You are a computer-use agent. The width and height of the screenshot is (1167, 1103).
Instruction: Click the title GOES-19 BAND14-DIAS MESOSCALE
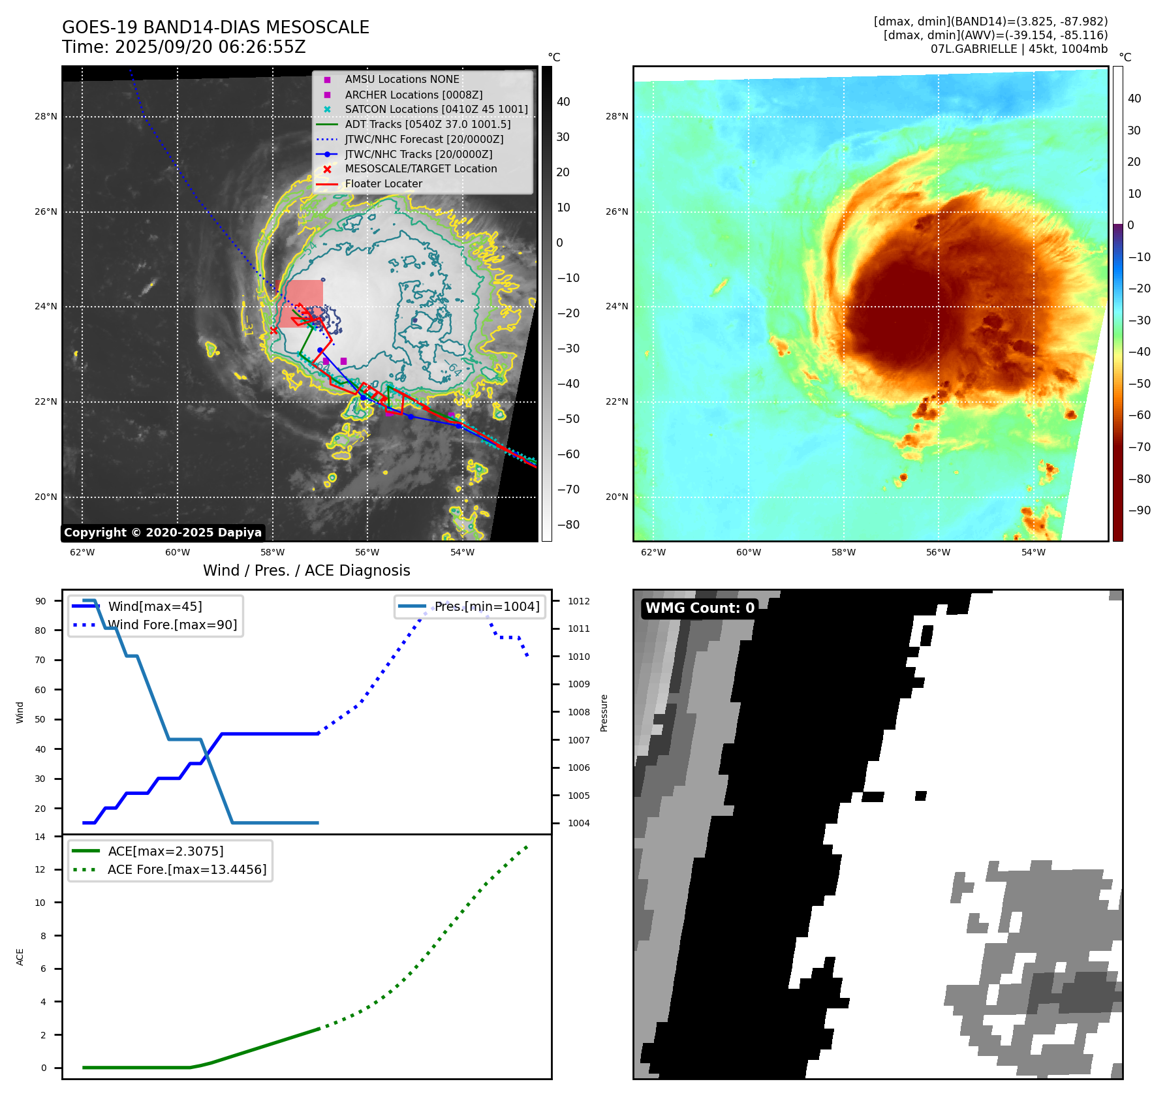click(215, 27)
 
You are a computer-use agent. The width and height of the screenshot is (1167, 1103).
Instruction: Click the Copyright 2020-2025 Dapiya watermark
click(163, 533)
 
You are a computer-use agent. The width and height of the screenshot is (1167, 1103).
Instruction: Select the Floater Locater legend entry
click(383, 184)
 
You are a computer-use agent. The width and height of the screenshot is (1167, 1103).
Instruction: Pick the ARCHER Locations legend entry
click(413, 95)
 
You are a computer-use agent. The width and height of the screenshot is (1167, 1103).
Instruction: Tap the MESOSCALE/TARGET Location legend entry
click(420, 169)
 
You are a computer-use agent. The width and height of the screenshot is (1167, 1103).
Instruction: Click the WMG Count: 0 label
click(700, 608)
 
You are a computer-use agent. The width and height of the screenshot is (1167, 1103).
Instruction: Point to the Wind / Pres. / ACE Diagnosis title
click(306, 570)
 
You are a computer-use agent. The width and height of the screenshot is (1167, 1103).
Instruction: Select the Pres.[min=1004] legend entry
click(487, 606)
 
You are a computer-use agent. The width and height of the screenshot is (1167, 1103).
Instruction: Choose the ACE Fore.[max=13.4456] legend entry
click(187, 869)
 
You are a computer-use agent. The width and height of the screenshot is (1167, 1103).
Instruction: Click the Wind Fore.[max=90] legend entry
click(172, 625)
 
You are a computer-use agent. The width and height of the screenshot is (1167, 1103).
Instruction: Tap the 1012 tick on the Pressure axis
click(578, 601)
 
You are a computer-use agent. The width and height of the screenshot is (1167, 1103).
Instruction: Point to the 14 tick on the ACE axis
click(40, 837)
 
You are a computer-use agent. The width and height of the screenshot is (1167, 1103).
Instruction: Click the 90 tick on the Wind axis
click(40, 601)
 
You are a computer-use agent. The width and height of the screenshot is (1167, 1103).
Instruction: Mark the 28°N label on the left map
click(46, 117)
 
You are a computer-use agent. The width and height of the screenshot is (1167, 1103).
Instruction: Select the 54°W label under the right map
click(1033, 553)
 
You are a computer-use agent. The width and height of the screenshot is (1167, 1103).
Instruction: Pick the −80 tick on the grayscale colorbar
click(568, 525)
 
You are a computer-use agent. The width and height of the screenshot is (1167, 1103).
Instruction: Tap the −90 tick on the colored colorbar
click(1139, 510)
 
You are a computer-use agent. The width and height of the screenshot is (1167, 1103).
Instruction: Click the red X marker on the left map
click(273, 331)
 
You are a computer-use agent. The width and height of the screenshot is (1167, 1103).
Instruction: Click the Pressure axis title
click(604, 713)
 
